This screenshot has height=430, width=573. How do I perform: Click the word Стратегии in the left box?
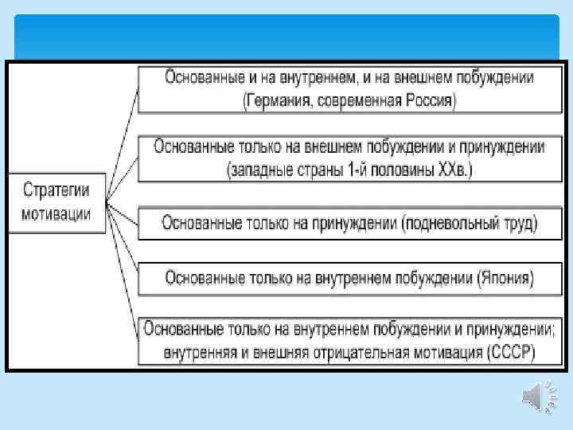tap(57, 191)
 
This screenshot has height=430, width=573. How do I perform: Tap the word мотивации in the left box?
tap(57, 213)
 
